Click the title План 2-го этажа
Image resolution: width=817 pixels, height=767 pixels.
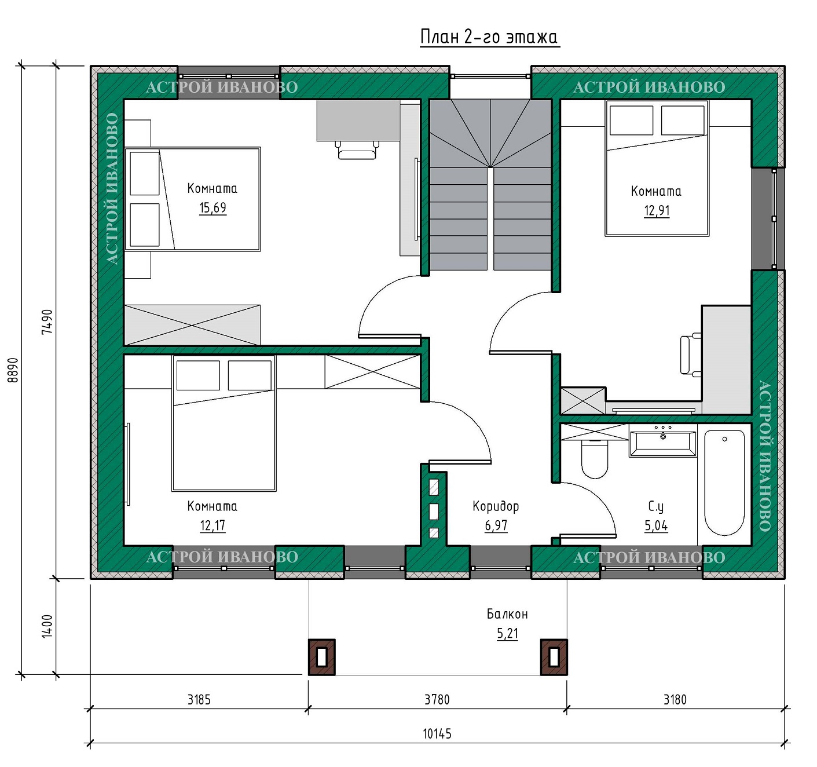(x=489, y=37)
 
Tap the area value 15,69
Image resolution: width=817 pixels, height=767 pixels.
(x=213, y=207)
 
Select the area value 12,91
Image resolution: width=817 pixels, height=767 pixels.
(x=657, y=210)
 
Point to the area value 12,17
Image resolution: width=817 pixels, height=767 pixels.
(x=213, y=525)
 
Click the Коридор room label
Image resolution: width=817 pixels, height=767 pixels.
(x=496, y=506)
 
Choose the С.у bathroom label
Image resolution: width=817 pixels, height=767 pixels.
(x=655, y=506)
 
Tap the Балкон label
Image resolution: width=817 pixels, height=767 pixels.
(x=507, y=614)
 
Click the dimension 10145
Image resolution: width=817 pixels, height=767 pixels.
(x=437, y=733)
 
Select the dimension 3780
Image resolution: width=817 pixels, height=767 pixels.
(x=437, y=699)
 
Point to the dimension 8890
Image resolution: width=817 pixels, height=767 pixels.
(x=13, y=370)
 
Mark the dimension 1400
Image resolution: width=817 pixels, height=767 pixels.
(x=47, y=626)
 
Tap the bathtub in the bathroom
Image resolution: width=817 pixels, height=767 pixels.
(x=724, y=483)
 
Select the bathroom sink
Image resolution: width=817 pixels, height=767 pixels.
(x=663, y=444)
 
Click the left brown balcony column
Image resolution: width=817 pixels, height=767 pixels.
(x=322, y=657)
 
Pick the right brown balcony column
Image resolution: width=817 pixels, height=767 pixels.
(x=554, y=657)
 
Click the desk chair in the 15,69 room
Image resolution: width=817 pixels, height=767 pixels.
(x=357, y=150)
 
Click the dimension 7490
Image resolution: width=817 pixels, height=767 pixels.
(x=47, y=322)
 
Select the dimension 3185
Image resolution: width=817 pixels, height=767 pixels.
(x=199, y=699)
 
